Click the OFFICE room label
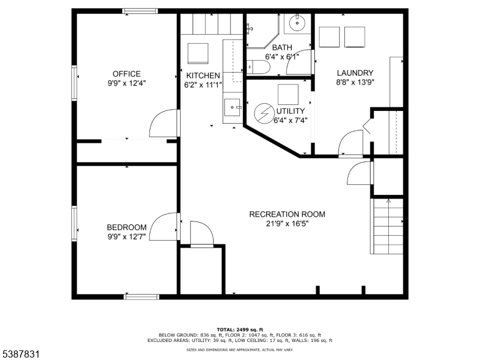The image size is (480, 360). click(x=126, y=74)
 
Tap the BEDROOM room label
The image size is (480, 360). click(x=127, y=227)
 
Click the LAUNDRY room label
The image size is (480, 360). click(x=355, y=73)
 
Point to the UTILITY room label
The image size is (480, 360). click(x=290, y=111)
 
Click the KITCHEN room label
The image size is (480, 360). click(x=202, y=76)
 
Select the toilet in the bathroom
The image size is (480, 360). click(x=257, y=67)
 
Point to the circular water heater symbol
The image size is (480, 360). click(x=264, y=113)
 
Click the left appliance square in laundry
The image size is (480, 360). click(x=329, y=37)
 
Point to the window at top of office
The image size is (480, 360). click(x=140, y=10)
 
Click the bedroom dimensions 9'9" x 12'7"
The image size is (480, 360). click(x=127, y=236)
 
